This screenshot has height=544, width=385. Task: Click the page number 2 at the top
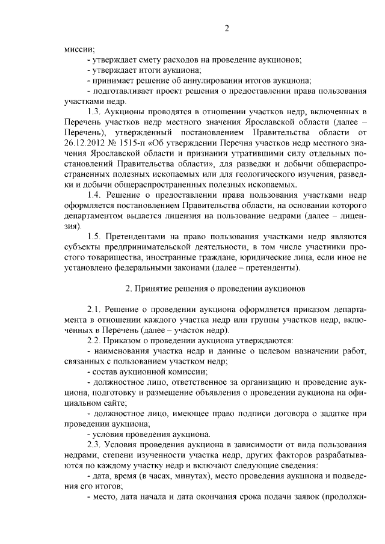pos(227,29)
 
